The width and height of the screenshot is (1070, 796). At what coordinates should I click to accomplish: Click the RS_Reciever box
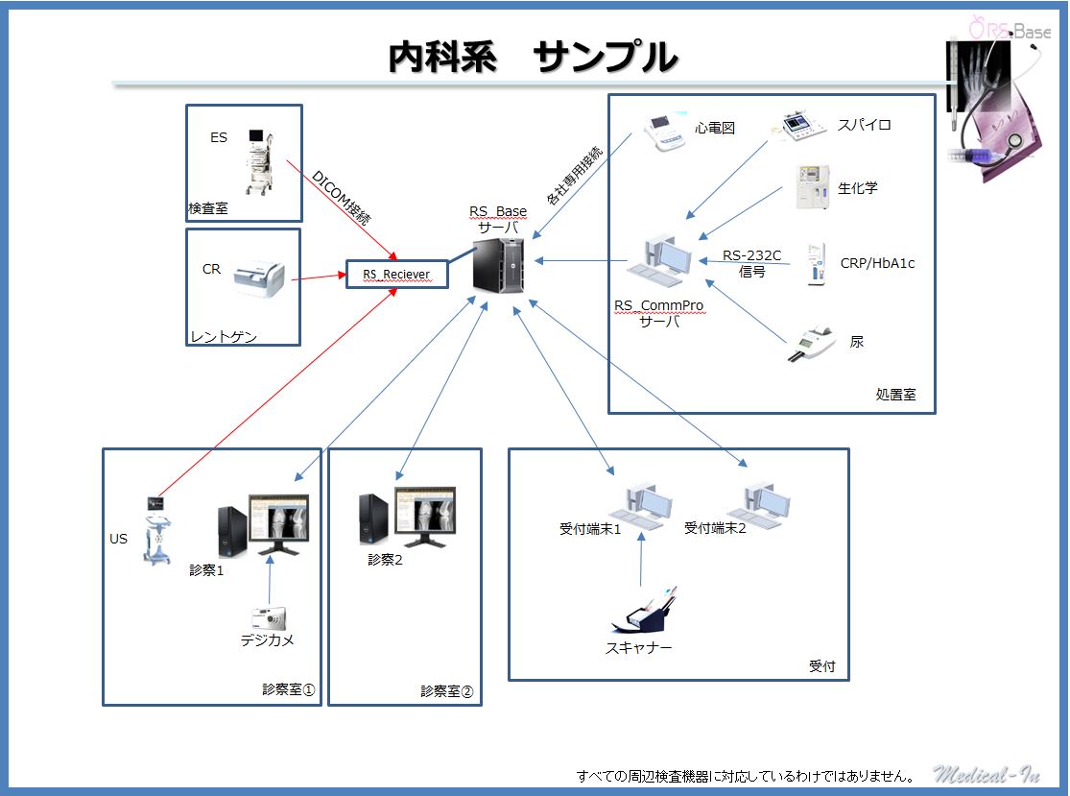click(396, 275)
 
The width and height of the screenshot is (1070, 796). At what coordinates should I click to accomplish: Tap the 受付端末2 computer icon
click(762, 503)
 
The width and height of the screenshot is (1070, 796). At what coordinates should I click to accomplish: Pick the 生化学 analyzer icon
click(812, 187)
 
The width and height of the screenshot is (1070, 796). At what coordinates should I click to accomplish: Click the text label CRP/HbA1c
click(877, 263)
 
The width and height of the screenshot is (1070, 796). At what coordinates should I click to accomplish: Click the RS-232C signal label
click(752, 263)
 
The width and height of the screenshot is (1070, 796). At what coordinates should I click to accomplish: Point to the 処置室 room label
click(894, 394)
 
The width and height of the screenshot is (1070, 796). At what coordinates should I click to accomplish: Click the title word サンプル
click(606, 58)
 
